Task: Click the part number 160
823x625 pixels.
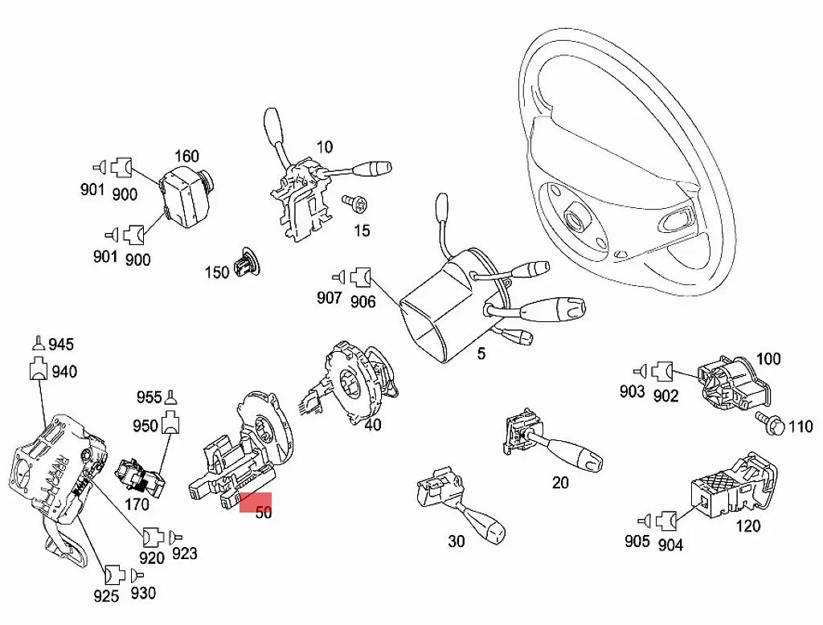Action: (186, 156)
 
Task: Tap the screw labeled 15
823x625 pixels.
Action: (353, 204)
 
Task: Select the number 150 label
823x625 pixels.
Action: (217, 272)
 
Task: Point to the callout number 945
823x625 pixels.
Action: (60, 345)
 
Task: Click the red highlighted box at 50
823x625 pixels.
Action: (257, 502)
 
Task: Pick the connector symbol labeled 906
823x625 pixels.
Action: (362, 279)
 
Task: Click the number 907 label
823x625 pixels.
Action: (330, 298)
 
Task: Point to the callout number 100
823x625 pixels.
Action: (768, 358)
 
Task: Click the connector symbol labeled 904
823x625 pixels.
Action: (665, 521)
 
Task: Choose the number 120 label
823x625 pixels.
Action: (747, 527)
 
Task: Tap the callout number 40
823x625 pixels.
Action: (372, 424)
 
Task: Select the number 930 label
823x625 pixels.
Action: (142, 593)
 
